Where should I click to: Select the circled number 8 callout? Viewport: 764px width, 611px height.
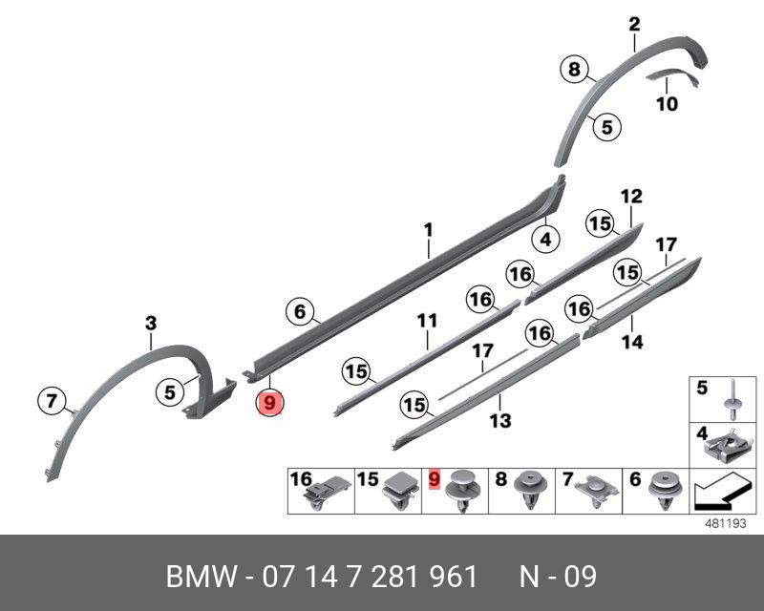pyautogui.click(x=573, y=69)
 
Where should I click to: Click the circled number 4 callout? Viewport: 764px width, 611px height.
pyautogui.click(x=545, y=240)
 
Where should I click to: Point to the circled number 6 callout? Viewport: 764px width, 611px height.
pyautogui.click(x=299, y=311)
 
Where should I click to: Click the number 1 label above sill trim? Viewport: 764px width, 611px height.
pyautogui.click(x=429, y=230)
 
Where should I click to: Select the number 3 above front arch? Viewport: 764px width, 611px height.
pyautogui.click(x=150, y=325)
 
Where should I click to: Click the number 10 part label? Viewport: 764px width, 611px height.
pyautogui.click(x=668, y=103)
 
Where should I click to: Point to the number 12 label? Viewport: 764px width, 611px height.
pyautogui.click(x=631, y=198)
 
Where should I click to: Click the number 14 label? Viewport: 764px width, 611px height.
pyautogui.click(x=632, y=341)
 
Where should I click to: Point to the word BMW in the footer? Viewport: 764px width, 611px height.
pyautogui.click(x=202, y=578)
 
